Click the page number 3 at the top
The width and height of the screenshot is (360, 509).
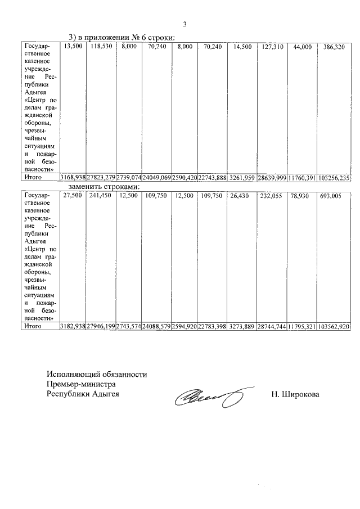point(184,23)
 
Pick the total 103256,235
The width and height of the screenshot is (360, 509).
point(334,177)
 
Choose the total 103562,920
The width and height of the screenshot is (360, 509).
point(334,326)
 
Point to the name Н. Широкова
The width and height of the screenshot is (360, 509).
point(295,394)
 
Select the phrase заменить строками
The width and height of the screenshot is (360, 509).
point(104,186)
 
